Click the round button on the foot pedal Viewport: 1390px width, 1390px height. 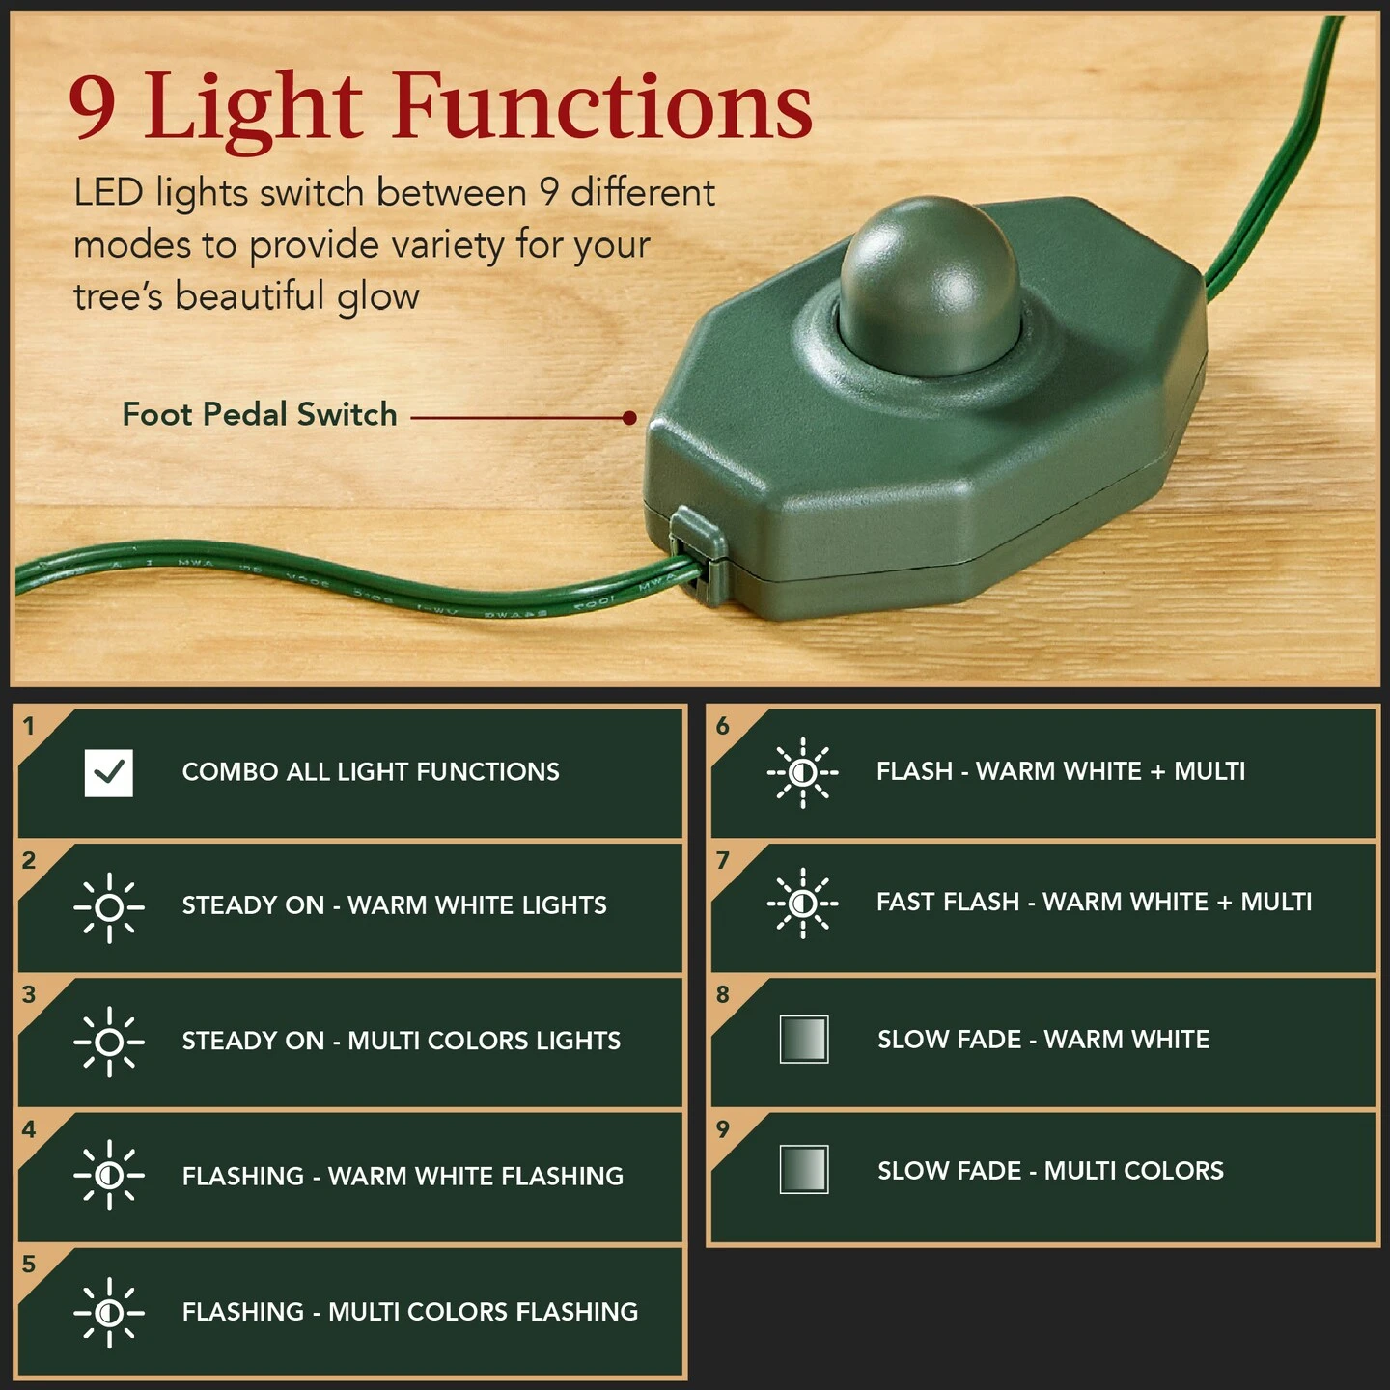tap(929, 285)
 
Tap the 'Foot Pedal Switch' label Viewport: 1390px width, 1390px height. tap(260, 415)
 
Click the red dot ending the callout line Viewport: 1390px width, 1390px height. tap(629, 418)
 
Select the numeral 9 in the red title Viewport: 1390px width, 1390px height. tap(93, 108)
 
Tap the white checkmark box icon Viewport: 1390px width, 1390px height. tap(109, 772)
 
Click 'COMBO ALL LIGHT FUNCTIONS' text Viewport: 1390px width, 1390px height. tap(371, 772)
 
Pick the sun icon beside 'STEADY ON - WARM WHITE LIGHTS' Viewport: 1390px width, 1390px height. tap(109, 907)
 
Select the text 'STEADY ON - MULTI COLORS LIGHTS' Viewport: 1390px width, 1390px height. tap(401, 1041)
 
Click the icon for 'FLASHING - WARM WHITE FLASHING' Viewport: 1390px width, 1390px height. tap(109, 1176)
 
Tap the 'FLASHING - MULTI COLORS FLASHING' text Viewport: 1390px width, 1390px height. tap(409, 1312)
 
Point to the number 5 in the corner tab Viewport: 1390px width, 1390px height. tap(29, 1265)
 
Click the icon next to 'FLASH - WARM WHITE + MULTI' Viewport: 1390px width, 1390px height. tap(802, 772)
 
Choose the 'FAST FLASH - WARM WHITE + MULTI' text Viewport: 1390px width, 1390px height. tap(1094, 903)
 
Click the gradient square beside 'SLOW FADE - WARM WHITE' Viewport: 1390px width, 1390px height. tap(803, 1040)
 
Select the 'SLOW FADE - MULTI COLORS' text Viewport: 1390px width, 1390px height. tap(1050, 1171)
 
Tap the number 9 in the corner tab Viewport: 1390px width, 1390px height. tap(723, 1129)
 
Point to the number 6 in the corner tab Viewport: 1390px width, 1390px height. tap(723, 726)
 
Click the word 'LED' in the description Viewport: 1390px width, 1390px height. tap(108, 193)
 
